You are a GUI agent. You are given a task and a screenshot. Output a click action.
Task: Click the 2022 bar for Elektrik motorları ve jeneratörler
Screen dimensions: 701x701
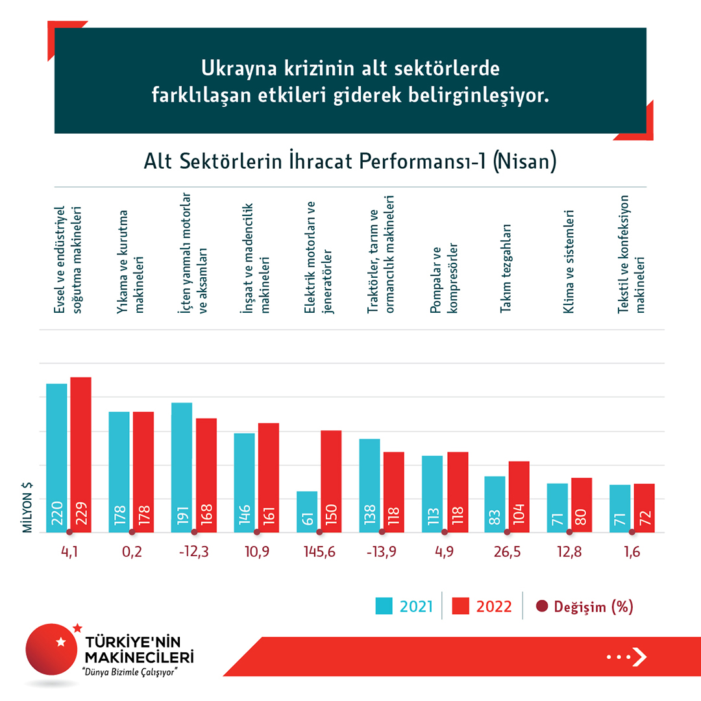(x=331, y=481)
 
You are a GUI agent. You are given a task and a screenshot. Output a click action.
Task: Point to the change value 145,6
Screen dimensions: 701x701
(x=319, y=552)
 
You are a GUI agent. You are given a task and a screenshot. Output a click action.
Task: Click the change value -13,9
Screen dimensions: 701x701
(x=381, y=552)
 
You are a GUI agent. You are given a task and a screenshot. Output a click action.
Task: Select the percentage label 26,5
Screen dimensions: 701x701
(x=507, y=552)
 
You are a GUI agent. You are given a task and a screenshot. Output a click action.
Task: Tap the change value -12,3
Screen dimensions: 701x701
(x=193, y=552)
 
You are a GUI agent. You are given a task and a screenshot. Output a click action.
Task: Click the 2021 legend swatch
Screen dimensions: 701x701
(x=384, y=606)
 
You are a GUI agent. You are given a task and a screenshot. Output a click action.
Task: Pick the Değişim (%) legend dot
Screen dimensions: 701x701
(x=542, y=606)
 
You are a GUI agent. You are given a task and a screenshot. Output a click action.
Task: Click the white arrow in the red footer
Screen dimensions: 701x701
(x=639, y=657)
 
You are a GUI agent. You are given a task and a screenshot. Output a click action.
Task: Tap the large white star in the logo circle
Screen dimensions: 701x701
(x=61, y=641)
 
